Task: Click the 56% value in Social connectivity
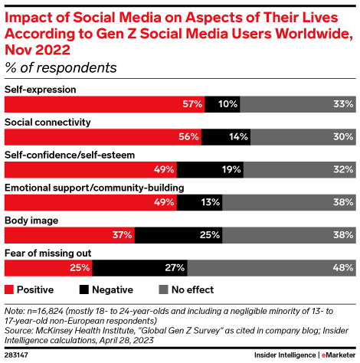point(188,136)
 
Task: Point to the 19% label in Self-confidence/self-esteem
point(225,169)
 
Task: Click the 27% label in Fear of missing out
point(174,268)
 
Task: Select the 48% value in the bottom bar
point(344,268)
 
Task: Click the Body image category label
point(31,221)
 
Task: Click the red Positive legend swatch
point(9,290)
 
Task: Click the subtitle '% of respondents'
point(61,67)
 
